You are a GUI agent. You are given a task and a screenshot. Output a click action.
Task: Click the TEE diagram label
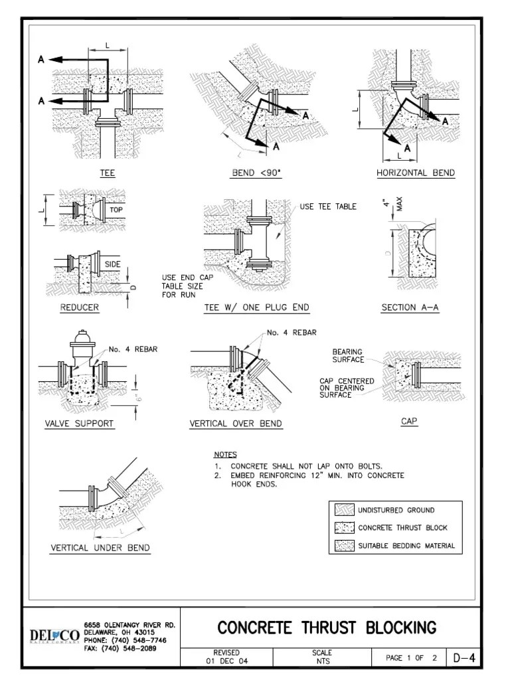click(x=107, y=173)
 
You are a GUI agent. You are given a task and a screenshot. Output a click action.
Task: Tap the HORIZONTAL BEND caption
click(x=416, y=173)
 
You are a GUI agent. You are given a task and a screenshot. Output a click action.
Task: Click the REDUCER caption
click(x=79, y=307)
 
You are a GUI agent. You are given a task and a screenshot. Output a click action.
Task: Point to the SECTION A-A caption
click(x=410, y=307)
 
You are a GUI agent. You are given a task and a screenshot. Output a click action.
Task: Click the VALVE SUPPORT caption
click(x=79, y=423)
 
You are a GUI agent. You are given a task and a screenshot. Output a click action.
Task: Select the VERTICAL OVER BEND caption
click(x=236, y=423)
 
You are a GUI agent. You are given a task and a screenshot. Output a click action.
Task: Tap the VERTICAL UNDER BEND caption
click(x=100, y=548)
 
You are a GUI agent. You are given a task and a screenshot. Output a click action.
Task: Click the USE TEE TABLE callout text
click(x=328, y=207)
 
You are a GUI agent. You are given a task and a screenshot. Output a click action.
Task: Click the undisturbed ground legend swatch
click(x=343, y=510)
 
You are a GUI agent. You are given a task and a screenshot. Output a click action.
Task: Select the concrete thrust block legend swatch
click(x=343, y=528)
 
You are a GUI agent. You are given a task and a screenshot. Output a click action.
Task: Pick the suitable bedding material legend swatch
click(x=343, y=546)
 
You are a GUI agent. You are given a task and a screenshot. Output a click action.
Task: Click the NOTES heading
click(x=225, y=454)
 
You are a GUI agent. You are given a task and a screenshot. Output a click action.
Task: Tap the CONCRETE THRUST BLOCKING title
click(x=327, y=627)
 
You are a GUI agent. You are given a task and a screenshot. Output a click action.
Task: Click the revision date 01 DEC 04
click(x=226, y=661)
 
